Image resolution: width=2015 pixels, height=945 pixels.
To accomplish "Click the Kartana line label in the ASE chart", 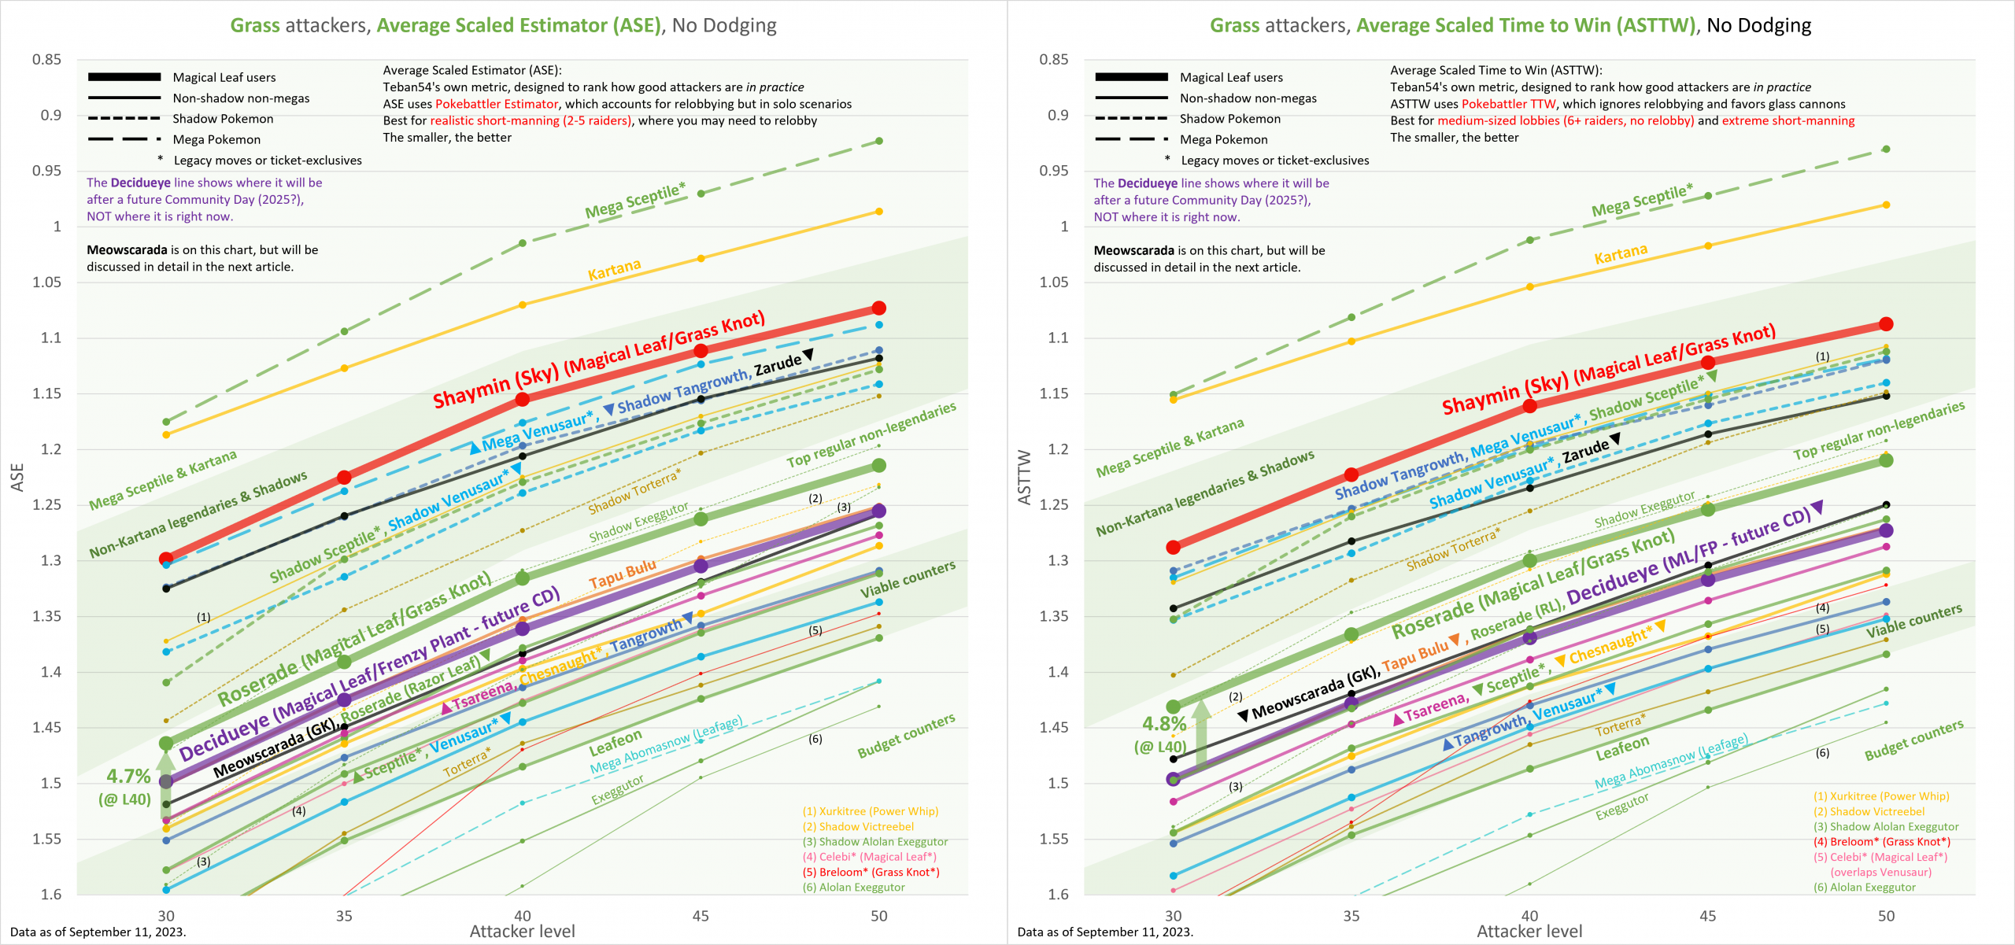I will point(614,269).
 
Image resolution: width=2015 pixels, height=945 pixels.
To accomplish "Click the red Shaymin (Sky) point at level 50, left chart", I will point(879,308).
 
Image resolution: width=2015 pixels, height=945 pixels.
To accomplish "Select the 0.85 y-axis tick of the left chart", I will point(46,60).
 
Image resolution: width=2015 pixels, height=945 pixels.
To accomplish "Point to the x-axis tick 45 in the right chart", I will point(1708,916).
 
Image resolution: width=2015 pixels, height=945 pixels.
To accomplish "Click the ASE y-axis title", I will point(17,478).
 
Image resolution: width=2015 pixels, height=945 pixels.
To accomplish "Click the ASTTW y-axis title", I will point(1024,478).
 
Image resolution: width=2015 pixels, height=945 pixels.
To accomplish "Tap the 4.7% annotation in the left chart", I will point(128,777).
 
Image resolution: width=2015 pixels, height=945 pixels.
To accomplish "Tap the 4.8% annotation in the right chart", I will point(1164,724).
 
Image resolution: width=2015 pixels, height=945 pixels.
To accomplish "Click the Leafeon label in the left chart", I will point(616,742).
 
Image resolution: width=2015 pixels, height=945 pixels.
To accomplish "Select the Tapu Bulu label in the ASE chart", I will point(622,574).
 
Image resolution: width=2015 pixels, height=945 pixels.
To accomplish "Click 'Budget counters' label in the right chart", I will point(1913,740).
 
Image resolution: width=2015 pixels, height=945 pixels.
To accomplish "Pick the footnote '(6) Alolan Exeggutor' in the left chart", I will point(854,888).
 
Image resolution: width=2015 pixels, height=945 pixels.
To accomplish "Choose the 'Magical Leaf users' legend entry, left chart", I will point(224,77).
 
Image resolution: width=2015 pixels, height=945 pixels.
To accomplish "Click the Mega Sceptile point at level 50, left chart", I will point(879,142).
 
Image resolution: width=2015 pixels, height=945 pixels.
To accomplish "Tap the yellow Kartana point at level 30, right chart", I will point(1174,400).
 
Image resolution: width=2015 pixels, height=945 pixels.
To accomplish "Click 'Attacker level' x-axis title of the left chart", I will point(522,932).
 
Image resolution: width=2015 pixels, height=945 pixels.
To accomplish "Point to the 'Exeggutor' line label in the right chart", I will point(1621,807).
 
